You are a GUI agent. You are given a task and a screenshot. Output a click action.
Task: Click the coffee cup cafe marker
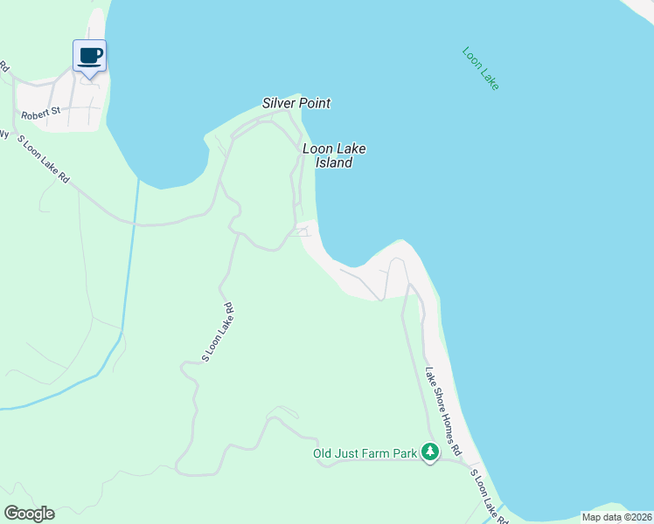click(89, 56)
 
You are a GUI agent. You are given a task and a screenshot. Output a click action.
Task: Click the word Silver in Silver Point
click(280, 103)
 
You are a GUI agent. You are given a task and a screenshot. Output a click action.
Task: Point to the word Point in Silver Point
click(315, 103)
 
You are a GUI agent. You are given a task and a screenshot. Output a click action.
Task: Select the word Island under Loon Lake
click(333, 162)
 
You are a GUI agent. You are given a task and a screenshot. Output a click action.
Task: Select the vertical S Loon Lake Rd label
click(217, 332)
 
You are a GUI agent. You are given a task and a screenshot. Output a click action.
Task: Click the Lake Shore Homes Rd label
click(443, 410)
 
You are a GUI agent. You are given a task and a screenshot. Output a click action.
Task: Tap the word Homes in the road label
click(445, 415)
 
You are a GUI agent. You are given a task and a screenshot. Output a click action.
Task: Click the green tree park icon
click(429, 452)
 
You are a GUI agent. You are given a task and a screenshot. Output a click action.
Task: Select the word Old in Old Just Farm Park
click(324, 453)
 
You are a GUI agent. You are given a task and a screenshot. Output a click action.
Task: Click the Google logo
click(29, 514)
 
